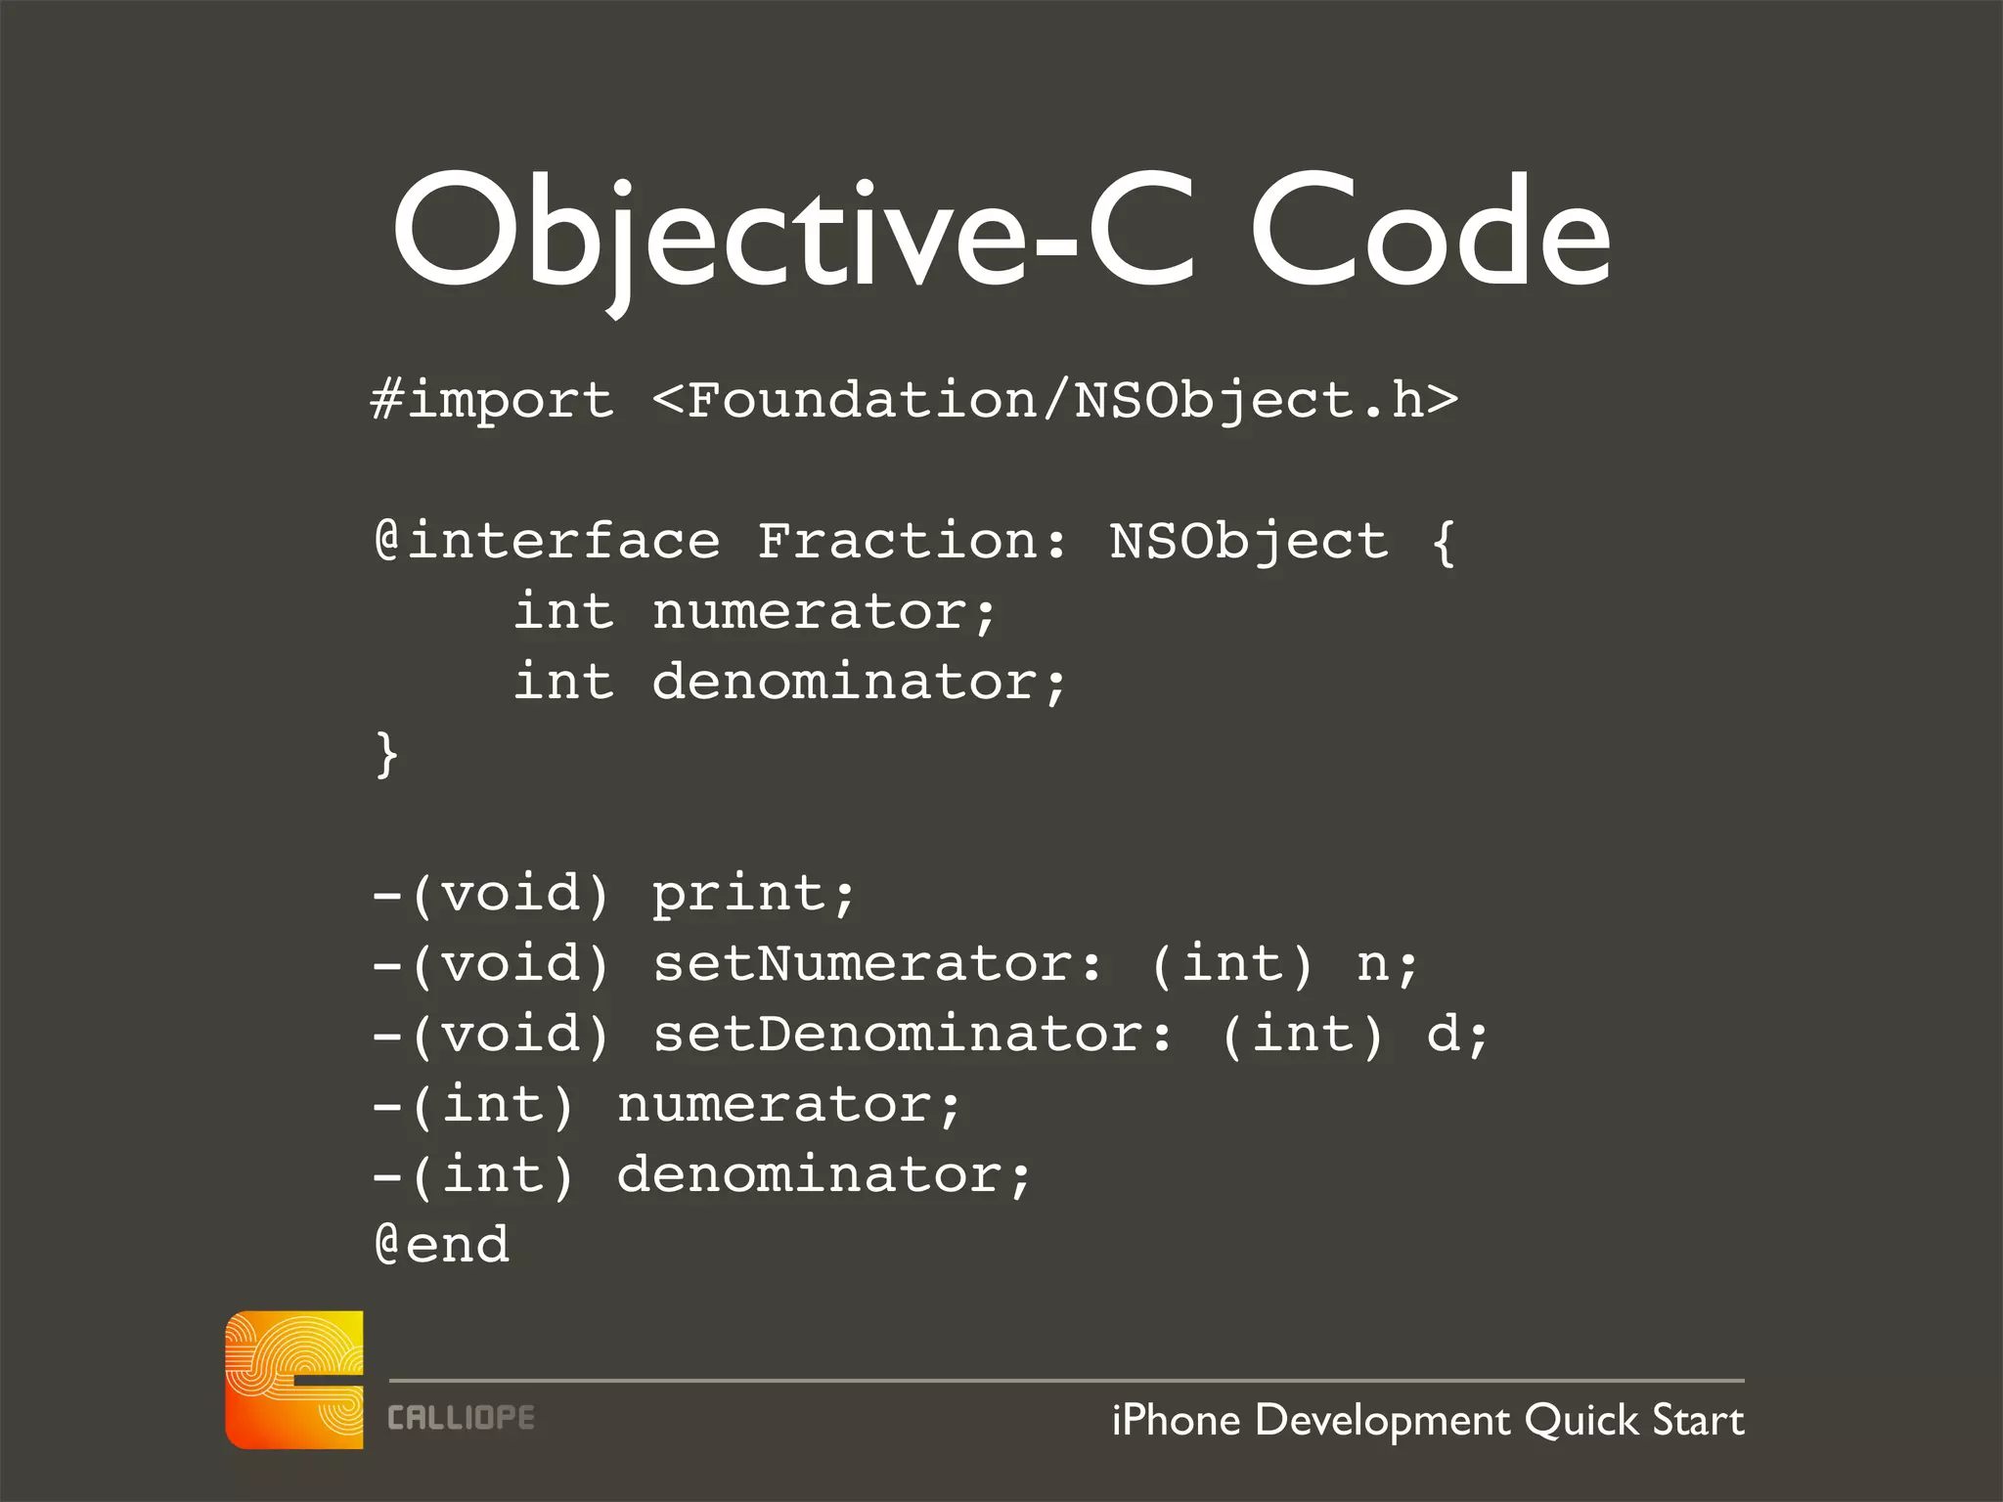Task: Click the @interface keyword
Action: pos(548,542)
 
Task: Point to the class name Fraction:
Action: pos(912,542)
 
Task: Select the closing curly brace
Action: pos(387,755)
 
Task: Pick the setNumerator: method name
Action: pos(877,964)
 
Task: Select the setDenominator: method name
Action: pos(912,1035)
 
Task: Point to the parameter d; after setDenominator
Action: pos(1457,1035)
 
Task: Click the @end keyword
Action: pos(442,1245)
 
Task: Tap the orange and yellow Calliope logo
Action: pos(294,1380)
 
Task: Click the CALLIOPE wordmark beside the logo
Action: pos(461,1418)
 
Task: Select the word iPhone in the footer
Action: pos(1176,1420)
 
